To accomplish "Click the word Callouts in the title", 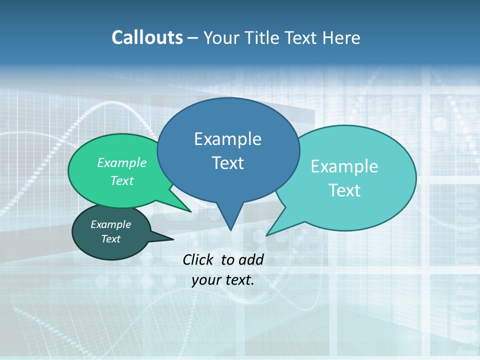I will (x=147, y=38).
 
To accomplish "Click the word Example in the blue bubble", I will (x=227, y=139).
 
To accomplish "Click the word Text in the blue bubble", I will (x=227, y=163).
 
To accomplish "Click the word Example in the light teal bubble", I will (x=344, y=166).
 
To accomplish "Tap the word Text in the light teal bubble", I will (x=344, y=190).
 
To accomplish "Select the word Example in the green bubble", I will (x=122, y=163).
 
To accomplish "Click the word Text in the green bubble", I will (x=122, y=181).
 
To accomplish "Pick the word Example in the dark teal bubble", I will (x=110, y=224).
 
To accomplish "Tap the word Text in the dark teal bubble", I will (x=110, y=239).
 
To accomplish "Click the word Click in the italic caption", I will (x=199, y=259).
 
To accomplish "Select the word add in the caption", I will (x=251, y=259).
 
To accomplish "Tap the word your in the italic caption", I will (x=206, y=280).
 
